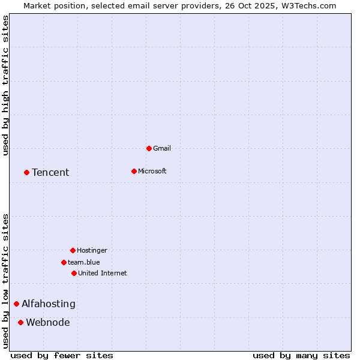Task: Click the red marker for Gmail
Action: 149,148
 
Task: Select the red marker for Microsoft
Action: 134,171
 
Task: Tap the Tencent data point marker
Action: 26,172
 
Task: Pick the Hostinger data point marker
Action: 73,250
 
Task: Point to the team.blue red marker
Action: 64,262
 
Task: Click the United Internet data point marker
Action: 74,273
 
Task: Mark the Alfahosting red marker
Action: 16,304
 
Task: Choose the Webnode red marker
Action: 20,322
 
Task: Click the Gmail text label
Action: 162,148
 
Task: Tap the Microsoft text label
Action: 152,171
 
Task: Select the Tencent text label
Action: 50,173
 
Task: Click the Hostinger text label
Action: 92,250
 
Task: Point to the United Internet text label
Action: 103,273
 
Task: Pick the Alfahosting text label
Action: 49,304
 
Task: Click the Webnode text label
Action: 48,323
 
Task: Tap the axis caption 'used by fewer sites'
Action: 62,355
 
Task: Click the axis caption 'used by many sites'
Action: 301,355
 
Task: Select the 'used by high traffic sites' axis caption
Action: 6,85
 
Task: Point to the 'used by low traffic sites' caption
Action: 6,280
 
